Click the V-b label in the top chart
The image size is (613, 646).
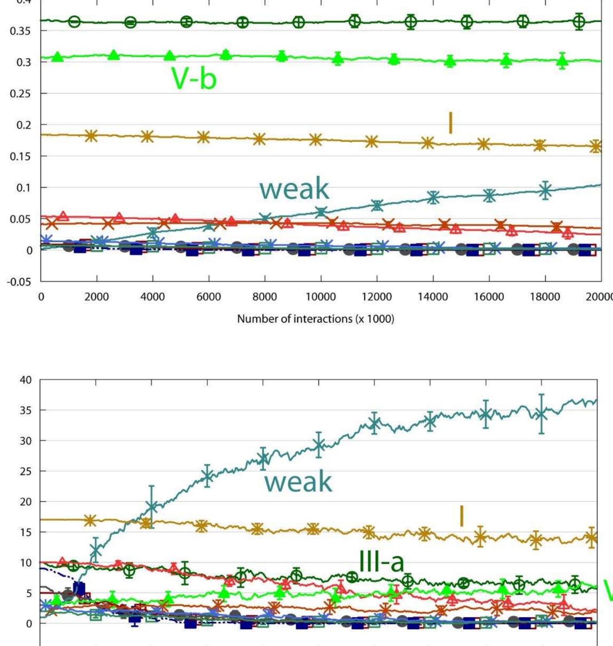tap(194, 79)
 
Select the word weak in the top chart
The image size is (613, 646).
tap(294, 189)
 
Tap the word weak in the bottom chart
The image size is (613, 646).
tap(298, 482)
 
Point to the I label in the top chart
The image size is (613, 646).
tap(450, 123)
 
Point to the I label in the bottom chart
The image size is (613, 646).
tap(461, 516)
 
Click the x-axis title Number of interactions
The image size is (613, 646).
tap(316, 319)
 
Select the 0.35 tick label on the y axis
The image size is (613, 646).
tap(20, 31)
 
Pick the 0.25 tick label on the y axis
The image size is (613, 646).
tap(20, 93)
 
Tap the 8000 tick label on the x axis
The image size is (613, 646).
tap(264, 297)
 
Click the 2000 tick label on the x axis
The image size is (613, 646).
tap(97, 297)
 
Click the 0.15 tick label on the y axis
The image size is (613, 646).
tap(20, 156)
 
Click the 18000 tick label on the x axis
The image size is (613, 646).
tap(545, 297)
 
